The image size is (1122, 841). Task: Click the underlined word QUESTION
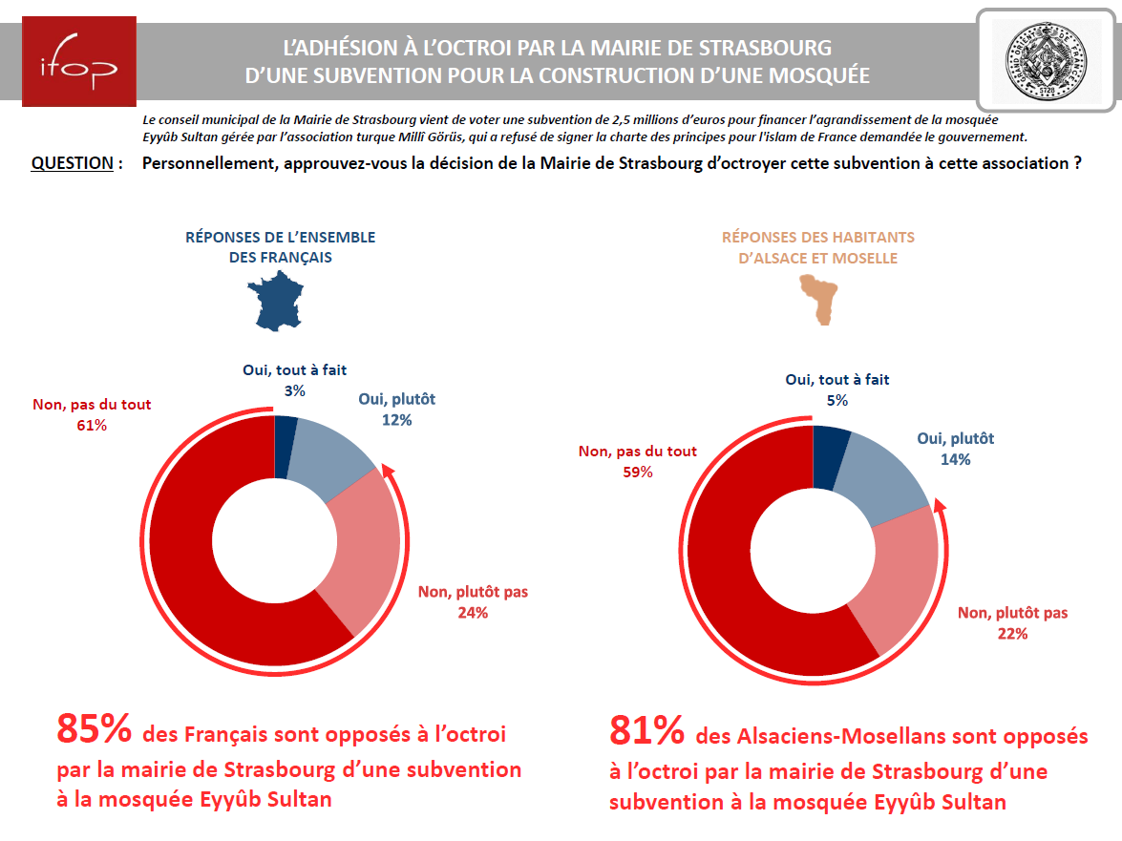pos(73,163)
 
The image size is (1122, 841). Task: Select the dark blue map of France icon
pos(279,301)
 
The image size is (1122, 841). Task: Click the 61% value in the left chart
pos(92,426)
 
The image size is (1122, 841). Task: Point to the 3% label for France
pos(294,390)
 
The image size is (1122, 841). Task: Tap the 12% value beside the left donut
pos(396,420)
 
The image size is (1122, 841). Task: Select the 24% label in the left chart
pos(473,613)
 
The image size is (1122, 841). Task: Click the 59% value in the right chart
pos(637,472)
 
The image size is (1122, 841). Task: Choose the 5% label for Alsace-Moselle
pos(837,400)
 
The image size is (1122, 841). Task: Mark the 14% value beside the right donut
pos(956,459)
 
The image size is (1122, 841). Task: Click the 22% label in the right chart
pos(1012,634)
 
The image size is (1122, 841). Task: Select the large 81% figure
pos(646,732)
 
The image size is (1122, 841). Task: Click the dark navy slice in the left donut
pos(285,433)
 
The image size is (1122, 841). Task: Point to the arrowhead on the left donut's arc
pos(387,471)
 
